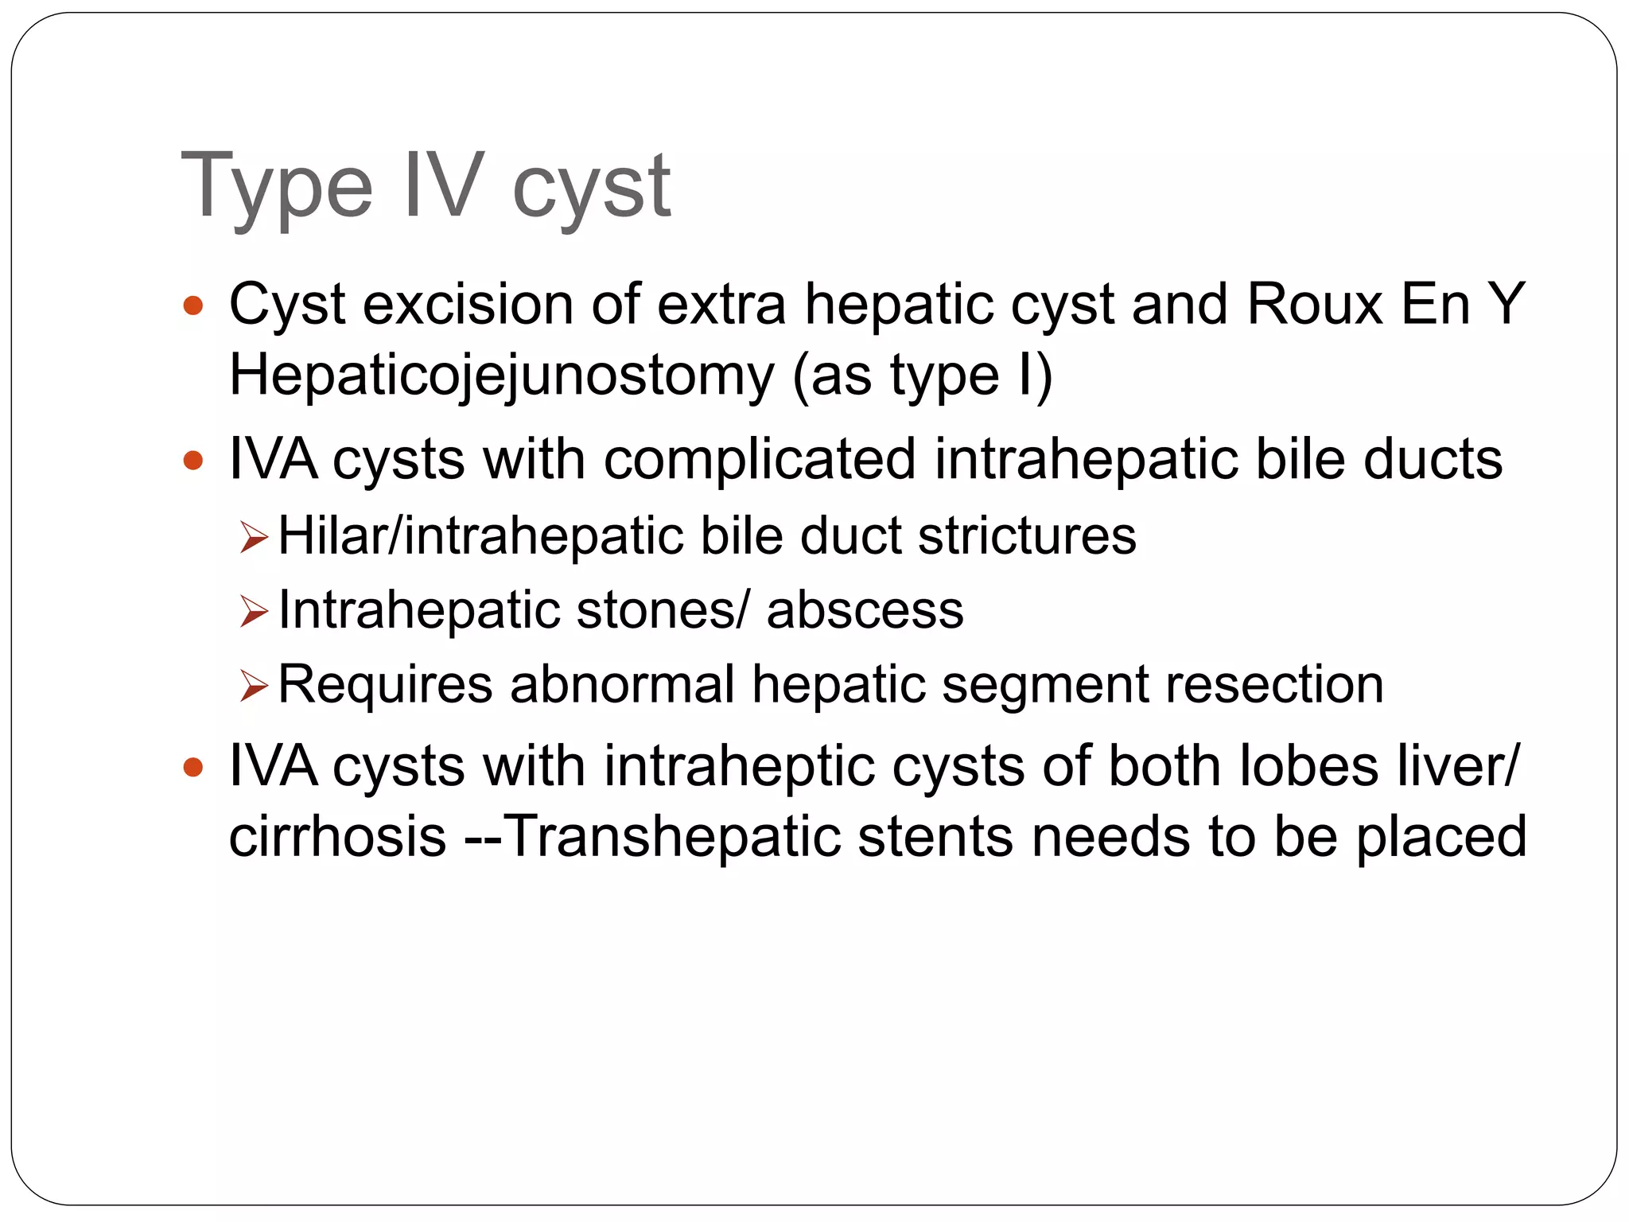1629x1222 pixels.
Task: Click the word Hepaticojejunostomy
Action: pos(501,376)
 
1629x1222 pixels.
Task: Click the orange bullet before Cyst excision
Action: pos(193,305)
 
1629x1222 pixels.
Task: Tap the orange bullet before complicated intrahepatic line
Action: pos(193,461)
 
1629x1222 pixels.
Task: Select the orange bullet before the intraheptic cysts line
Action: pos(193,768)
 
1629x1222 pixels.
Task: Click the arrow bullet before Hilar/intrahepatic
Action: pos(254,539)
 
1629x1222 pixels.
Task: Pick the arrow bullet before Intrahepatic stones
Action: pos(254,613)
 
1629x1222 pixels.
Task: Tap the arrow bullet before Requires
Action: pos(254,686)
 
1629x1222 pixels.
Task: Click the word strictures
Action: pos(1027,536)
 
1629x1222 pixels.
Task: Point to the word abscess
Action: pos(865,610)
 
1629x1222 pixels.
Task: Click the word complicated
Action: pos(760,460)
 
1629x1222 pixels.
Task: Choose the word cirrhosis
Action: pos(337,837)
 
